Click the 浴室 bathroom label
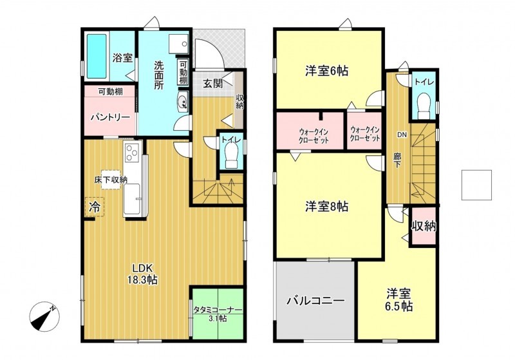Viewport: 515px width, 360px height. coord(122,57)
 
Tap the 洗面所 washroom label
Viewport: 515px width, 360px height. coord(159,74)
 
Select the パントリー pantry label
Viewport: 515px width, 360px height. coord(109,117)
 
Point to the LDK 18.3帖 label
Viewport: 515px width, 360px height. coord(144,273)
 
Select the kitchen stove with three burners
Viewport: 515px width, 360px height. coord(132,153)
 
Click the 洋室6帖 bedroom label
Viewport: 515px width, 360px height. coord(326,71)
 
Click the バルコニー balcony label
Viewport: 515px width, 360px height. coord(315,300)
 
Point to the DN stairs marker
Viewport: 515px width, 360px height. coord(401,135)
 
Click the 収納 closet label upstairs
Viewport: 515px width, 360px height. coord(424,226)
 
